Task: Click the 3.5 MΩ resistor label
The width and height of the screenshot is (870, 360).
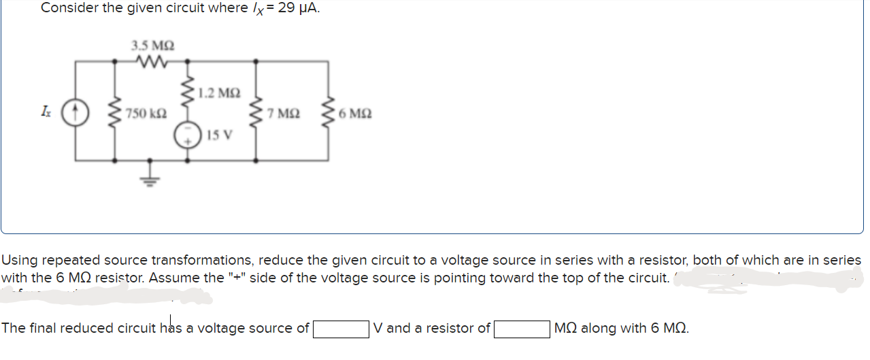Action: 152,46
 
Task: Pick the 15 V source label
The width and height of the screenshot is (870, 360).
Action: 219,134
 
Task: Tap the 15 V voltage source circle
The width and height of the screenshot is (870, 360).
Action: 188,134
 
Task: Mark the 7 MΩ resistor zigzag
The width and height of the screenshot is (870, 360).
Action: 256,112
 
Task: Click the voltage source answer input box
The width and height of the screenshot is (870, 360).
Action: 340,329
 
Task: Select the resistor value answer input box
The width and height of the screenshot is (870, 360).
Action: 522,329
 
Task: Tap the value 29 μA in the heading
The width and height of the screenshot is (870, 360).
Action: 299,8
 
